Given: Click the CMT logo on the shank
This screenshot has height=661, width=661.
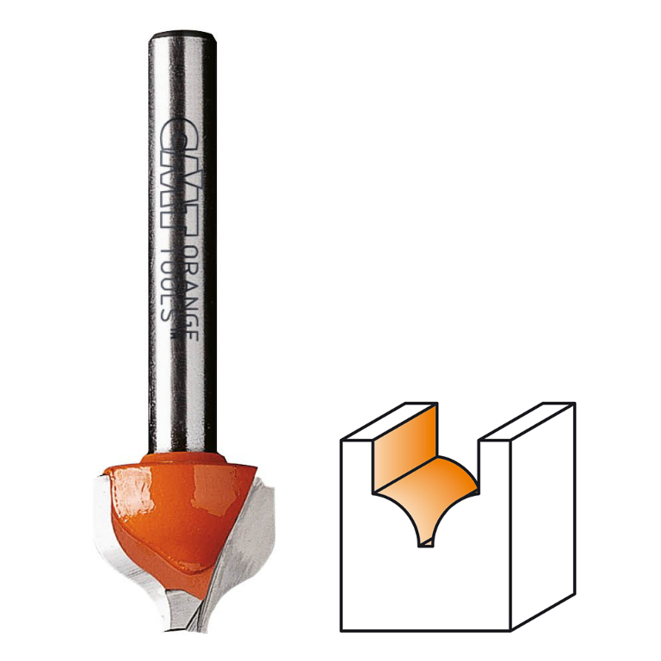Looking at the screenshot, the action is point(182,179).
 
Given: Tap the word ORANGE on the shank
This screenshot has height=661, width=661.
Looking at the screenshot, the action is point(192,293).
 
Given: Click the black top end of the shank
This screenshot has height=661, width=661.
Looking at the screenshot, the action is point(182,35).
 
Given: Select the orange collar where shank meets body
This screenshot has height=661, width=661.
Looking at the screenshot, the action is point(184,458).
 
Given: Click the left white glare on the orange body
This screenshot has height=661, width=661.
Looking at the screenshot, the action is point(132,489).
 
